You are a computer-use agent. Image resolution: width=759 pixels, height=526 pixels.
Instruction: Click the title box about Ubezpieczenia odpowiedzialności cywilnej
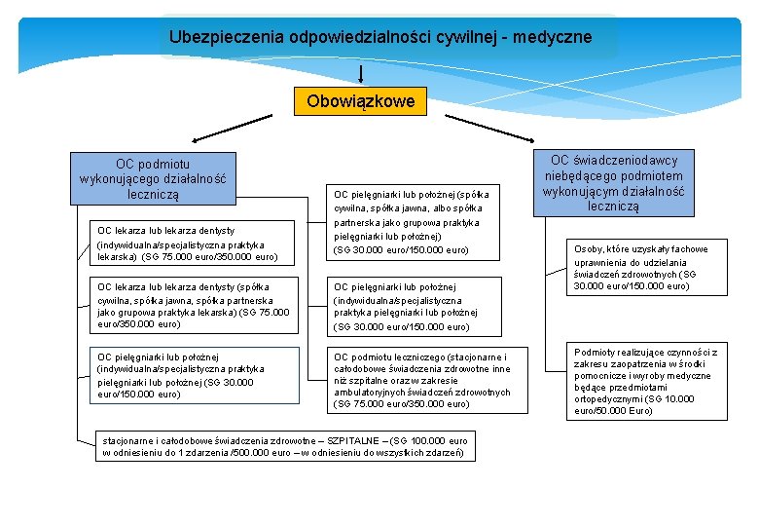click(379, 37)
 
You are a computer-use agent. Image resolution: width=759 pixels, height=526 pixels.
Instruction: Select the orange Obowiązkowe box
click(360, 100)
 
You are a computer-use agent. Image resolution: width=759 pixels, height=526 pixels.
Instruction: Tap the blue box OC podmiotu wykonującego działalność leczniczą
click(153, 179)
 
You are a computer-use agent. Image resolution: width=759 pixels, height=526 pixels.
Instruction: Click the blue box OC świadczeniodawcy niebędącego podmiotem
click(614, 183)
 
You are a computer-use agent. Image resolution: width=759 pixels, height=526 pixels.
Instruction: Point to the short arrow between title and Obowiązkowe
click(362, 74)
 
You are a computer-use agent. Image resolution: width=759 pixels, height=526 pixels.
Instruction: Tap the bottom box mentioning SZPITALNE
click(284, 446)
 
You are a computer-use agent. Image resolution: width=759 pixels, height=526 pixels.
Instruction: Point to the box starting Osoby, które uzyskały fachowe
click(646, 268)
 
